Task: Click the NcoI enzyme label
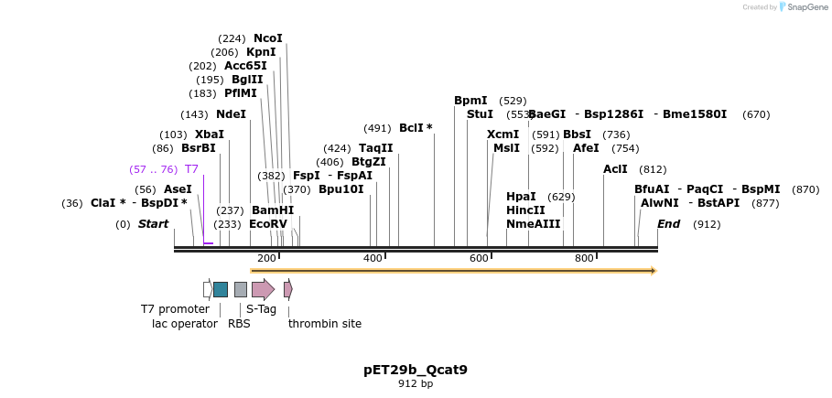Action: (x=267, y=38)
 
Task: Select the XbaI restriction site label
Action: (x=209, y=134)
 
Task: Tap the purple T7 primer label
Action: (x=191, y=169)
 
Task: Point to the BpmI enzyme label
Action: (x=470, y=101)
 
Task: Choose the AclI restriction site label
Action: (x=615, y=169)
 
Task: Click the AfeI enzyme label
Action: (x=586, y=148)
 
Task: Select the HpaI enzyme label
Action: (x=521, y=197)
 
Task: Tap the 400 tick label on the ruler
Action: (x=373, y=259)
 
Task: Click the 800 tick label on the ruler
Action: (x=584, y=259)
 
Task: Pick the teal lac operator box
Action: (x=220, y=289)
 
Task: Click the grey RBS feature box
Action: (x=241, y=289)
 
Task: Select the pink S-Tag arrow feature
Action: (x=263, y=289)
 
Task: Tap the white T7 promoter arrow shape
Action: (x=208, y=289)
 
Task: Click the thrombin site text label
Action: (x=324, y=324)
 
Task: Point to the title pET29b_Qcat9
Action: (x=416, y=371)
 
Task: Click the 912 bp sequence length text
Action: (x=416, y=384)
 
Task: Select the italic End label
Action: (x=668, y=224)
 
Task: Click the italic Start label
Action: (x=153, y=224)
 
